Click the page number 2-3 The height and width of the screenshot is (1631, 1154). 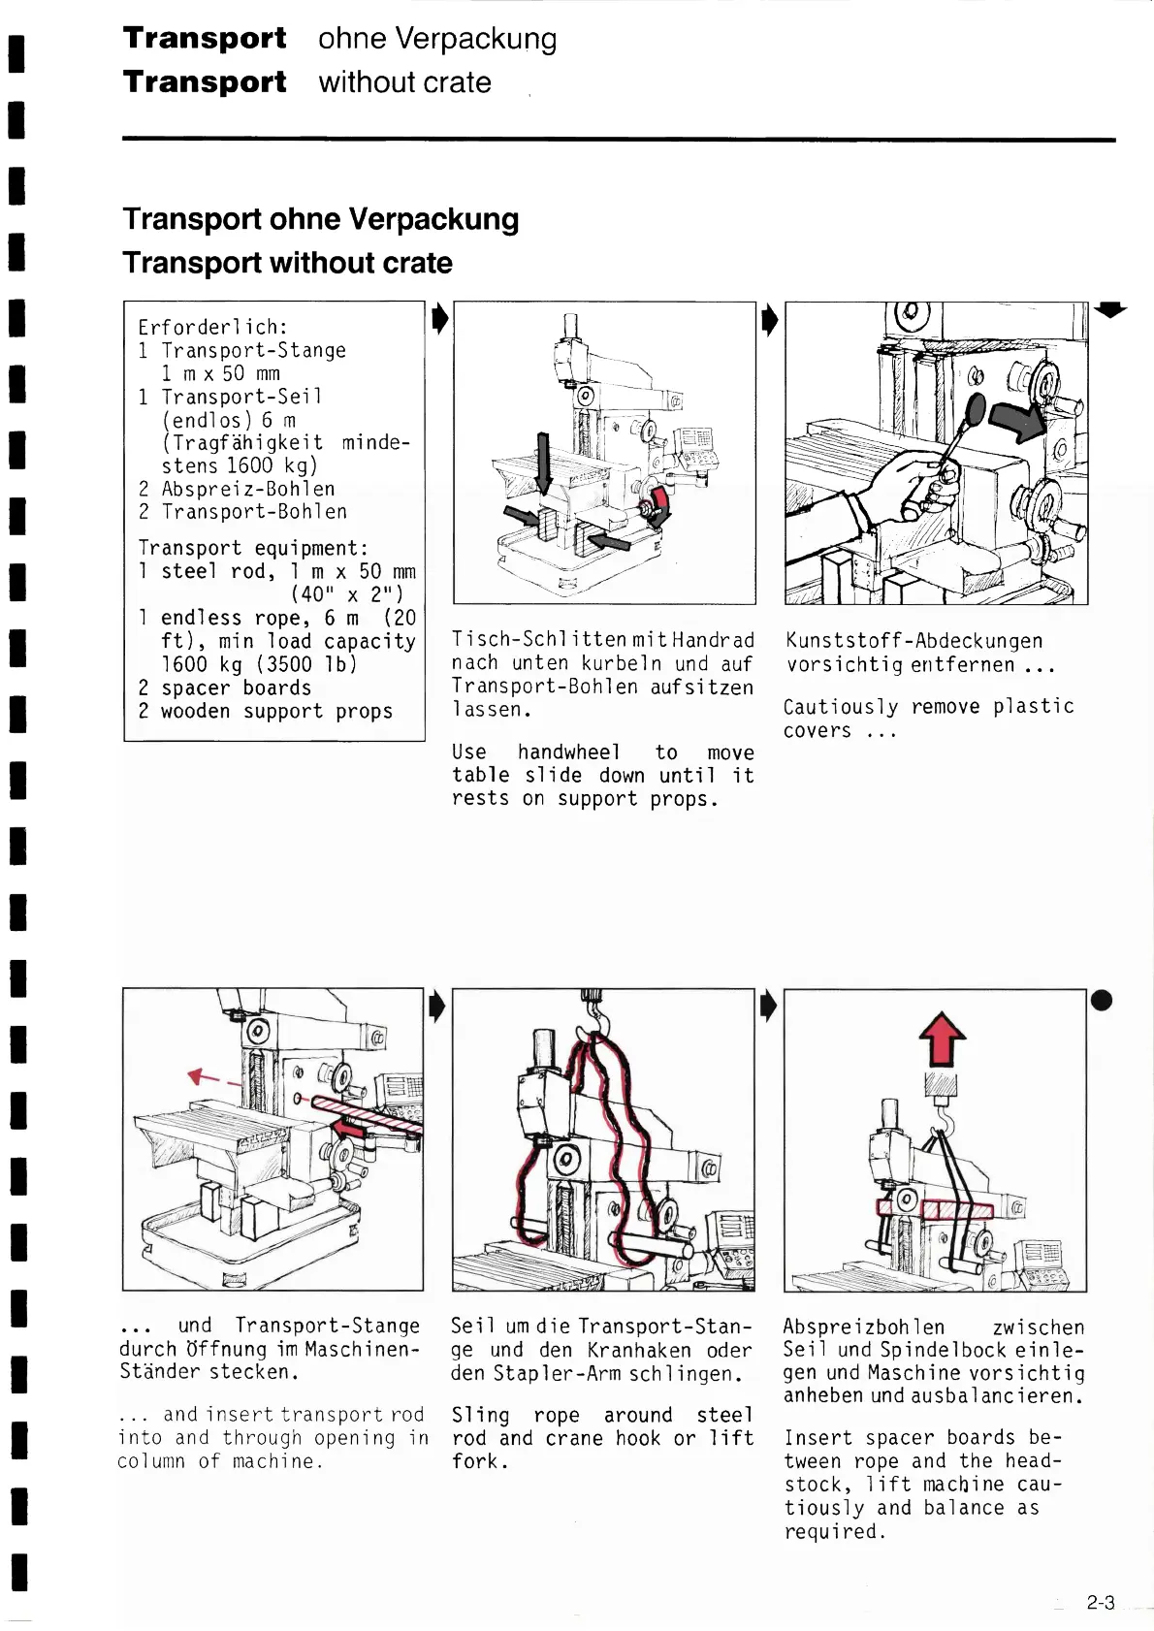tap(1101, 1603)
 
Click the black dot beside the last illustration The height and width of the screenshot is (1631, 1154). tap(1102, 1001)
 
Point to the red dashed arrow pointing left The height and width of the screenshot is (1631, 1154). tap(213, 1077)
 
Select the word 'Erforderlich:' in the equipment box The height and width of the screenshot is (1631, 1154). tap(213, 327)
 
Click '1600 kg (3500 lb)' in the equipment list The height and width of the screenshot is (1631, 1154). tap(259, 664)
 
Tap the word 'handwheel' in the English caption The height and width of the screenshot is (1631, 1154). tap(568, 752)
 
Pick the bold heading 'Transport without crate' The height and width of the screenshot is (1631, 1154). tap(287, 263)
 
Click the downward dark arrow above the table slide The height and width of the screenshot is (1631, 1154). tap(544, 462)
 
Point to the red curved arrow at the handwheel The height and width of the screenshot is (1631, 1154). tap(660, 505)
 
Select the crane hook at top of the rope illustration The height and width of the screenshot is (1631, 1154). tap(596, 1017)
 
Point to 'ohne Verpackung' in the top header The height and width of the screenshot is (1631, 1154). tap(437, 39)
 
